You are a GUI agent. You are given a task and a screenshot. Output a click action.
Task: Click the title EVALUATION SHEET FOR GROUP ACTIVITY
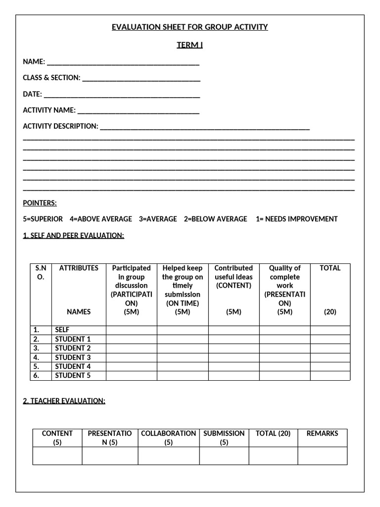[190, 27]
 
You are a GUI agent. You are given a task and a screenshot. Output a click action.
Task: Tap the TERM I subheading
[190, 45]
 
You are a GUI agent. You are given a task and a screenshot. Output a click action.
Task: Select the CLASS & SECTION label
[51, 78]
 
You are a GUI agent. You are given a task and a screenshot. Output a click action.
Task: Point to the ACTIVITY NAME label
[49, 110]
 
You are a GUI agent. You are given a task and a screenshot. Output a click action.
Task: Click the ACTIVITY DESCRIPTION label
[60, 126]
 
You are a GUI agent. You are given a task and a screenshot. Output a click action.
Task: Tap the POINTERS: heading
[40, 203]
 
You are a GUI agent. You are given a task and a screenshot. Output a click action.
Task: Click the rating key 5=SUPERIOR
[43, 219]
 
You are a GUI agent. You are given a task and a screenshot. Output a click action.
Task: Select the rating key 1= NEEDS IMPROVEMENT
[296, 219]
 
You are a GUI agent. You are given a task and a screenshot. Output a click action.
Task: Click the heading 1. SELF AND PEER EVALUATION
[73, 235]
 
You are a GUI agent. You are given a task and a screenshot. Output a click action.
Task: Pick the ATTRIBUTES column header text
[79, 268]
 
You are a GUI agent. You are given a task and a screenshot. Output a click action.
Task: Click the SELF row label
[62, 330]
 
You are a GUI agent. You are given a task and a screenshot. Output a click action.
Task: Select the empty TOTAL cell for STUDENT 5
[330, 376]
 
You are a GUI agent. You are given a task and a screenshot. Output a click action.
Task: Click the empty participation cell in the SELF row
[131, 330]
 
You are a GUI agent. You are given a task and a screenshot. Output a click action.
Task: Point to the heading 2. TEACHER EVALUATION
[64, 401]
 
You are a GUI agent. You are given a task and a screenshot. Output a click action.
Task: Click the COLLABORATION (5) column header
[169, 438]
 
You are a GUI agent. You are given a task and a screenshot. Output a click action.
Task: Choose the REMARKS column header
[322, 433]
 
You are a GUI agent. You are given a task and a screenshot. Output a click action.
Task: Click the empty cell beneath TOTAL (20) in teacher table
[273, 456]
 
